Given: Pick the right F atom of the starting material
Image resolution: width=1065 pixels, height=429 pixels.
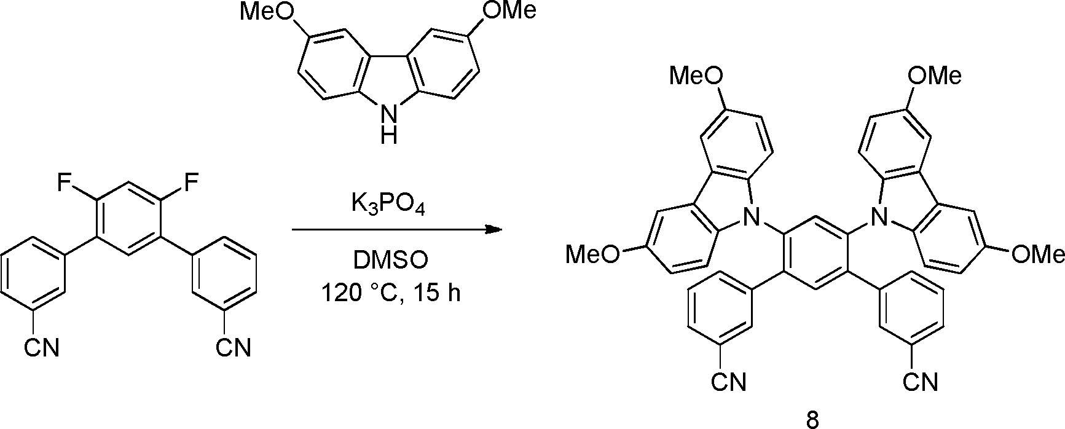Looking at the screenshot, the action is point(192,183).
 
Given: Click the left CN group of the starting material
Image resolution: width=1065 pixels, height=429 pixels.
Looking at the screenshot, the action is point(42,348).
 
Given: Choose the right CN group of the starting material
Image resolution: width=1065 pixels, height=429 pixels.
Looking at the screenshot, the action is point(234,348).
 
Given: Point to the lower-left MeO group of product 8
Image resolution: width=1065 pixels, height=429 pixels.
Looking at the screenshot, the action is point(593,254).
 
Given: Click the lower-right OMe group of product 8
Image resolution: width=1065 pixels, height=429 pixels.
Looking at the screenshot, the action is point(1038,254).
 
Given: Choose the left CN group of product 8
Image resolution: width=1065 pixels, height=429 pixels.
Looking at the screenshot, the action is point(729,383).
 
